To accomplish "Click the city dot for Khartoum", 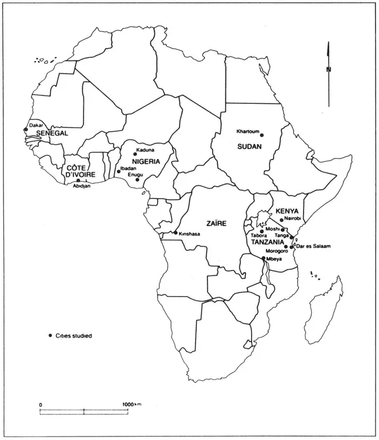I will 261,135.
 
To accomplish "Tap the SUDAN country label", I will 250,147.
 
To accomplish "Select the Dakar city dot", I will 25,129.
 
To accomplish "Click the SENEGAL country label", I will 52,133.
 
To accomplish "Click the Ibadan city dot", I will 119,171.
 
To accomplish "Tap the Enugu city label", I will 135,174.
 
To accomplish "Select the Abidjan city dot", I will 78,181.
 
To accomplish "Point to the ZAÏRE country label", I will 215,223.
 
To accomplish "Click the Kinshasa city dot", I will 176,233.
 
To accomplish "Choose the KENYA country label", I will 287,211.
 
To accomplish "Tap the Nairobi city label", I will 294,219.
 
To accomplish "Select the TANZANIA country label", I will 267,242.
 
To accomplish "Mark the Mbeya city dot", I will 264,258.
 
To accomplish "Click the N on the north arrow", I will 329,70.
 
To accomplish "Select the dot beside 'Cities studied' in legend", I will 50,336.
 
